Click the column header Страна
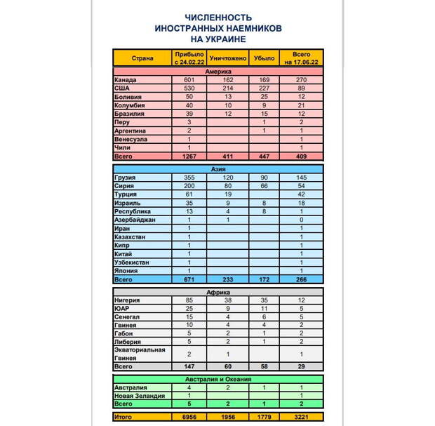coord(142,58)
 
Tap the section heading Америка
coord(218,72)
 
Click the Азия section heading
coord(218,169)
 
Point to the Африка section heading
coord(218,292)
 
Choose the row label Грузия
coord(126,178)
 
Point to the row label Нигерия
coord(127,300)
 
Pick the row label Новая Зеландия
coord(139,396)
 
